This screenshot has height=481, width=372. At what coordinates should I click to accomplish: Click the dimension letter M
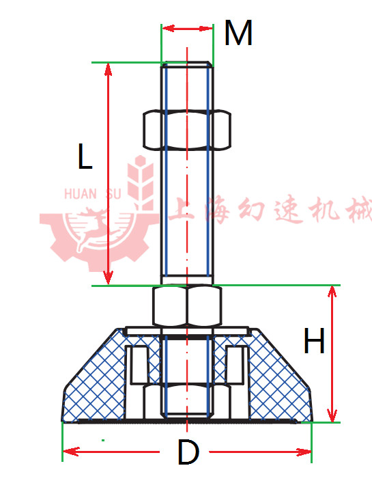point(238,33)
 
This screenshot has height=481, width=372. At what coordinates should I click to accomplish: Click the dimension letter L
point(85,156)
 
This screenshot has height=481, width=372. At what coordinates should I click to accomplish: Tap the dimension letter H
point(314,340)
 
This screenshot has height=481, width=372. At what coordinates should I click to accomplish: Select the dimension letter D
point(188,452)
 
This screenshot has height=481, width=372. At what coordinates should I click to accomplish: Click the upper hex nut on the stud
point(187,129)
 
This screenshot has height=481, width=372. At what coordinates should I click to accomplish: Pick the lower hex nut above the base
point(187,305)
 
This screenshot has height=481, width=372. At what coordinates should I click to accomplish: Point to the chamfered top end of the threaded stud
point(187,64)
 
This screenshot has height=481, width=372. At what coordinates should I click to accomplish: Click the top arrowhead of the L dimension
point(108,69)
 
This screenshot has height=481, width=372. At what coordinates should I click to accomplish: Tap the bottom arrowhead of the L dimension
point(108,278)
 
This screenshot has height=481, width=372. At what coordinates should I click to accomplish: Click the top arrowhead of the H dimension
point(332,292)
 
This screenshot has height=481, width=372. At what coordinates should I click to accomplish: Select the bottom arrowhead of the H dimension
point(332,415)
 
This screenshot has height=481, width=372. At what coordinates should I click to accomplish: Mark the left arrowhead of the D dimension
point(70,452)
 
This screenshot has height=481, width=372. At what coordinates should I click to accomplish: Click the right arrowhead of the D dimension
point(304,452)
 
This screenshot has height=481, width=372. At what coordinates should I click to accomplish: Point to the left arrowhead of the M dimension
point(168,29)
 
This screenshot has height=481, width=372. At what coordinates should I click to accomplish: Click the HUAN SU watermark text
point(93,193)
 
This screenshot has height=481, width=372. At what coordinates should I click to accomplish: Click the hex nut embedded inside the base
point(187,401)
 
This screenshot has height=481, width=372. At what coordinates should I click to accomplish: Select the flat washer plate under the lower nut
point(187,331)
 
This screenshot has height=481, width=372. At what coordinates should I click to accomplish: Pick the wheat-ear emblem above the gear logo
point(141,181)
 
